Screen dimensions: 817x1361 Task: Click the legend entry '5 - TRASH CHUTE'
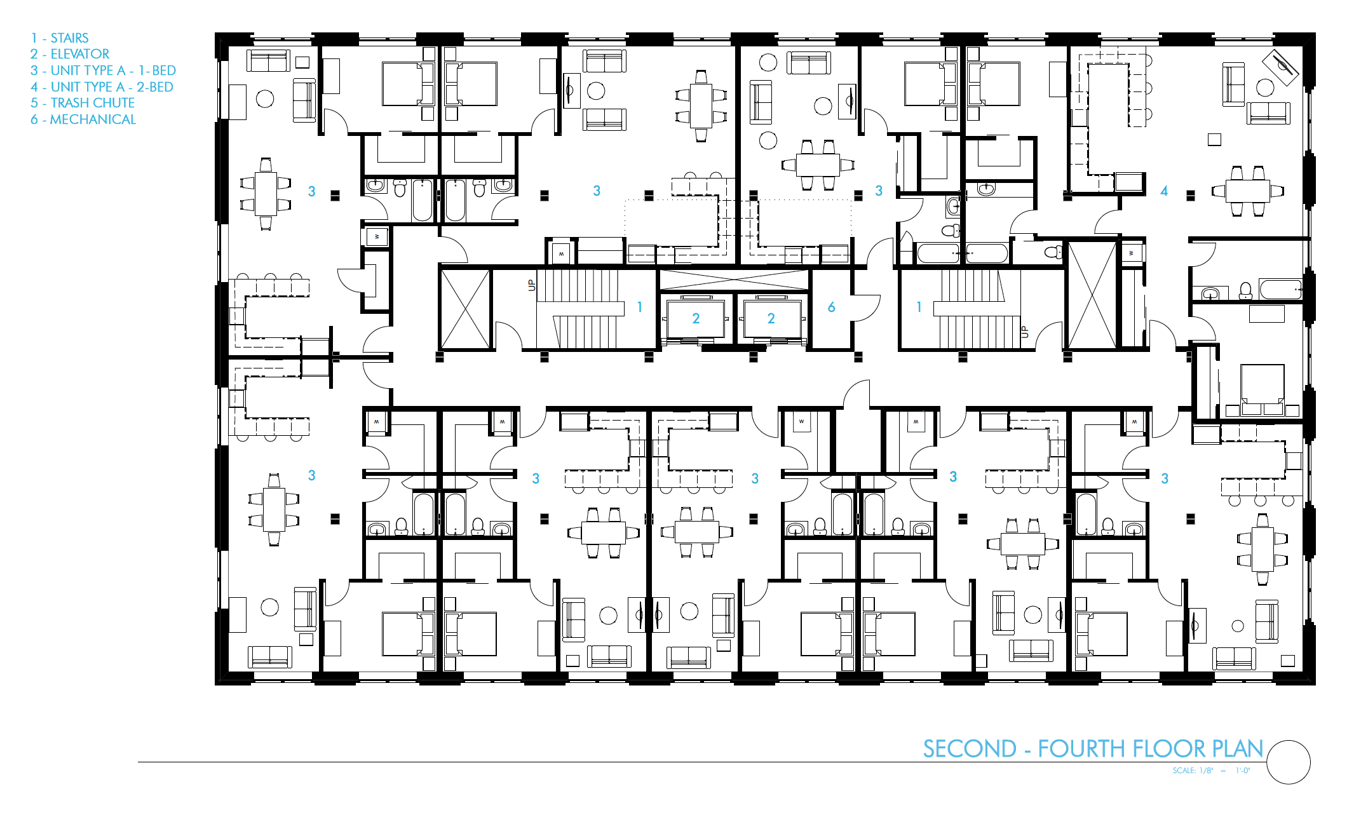tap(83, 103)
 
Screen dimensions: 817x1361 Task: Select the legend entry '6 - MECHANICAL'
tap(83, 119)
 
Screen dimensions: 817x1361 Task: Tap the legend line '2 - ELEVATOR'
tap(70, 54)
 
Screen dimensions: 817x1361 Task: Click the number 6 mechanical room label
tap(831, 307)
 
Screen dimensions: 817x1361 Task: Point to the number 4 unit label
tap(1164, 191)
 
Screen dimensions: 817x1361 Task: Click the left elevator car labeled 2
tap(696, 318)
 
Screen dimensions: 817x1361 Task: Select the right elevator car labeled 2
tap(771, 318)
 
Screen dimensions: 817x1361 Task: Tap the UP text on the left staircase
tap(532, 285)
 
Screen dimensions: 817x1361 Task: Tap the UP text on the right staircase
tap(1024, 331)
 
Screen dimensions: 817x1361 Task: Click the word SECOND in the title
tap(970, 749)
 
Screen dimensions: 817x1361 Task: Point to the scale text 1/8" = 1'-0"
tap(1211, 771)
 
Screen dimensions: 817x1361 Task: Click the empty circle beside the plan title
tap(1288, 762)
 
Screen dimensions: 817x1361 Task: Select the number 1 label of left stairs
tap(640, 307)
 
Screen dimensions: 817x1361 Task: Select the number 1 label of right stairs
tap(919, 307)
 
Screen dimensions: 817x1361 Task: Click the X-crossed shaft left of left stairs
tap(466, 309)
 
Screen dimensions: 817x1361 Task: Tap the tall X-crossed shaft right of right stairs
tap(1092, 295)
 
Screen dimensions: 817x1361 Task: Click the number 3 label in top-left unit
tap(311, 191)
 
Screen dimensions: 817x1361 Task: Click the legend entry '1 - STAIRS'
tap(60, 38)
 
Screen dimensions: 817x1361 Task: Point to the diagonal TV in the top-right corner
tap(1280, 67)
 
